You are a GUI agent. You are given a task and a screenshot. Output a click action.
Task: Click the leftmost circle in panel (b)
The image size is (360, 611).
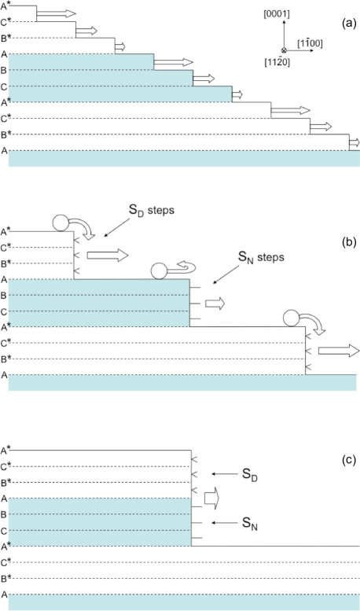tap(61, 223)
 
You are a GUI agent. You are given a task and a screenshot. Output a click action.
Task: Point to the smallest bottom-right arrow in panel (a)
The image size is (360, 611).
tap(354, 142)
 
